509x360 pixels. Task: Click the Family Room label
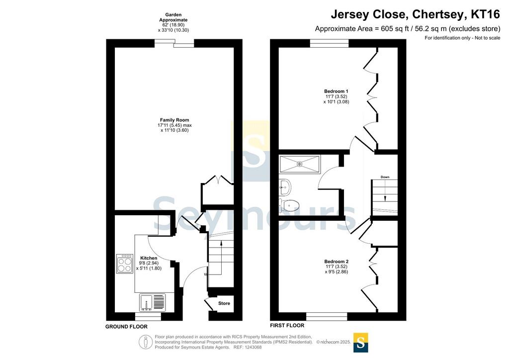pyautogui.click(x=174, y=120)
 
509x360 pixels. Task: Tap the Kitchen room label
pyautogui.click(x=149, y=258)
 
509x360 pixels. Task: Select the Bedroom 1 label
pyautogui.click(x=336, y=91)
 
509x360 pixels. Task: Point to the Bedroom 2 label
pyautogui.click(x=337, y=262)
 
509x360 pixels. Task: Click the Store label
pyautogui.click(x=224, y=303)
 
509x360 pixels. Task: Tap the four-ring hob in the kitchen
pyautogui.click(x=125, y=263)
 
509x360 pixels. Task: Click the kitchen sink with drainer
pyautogui.click(x=152, y=302)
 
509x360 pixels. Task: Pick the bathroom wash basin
pyautogui.click(x=285, y=187)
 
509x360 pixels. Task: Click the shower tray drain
pyautogui.click(x=299, y=164)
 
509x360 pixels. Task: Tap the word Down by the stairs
pyautogui.click(x=385, y=177)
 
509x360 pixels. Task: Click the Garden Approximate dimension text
pyautogui.click(x=173, y=22)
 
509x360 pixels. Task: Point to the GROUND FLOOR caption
pyautogui.click(x=126, y=327)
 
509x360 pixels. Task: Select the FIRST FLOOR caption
pyautogui.click(x=287, y=325)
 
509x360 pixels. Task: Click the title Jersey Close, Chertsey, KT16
pyautogui.click(x=416, y=14)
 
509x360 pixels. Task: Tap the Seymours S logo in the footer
pyautogui.click(x=360, y=343)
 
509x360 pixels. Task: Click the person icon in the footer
pyautogui.click(x=146, y=342)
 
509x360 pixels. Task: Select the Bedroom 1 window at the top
pyautogui.click(x=329, y=43)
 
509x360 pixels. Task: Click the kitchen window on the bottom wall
pyautogui.click(x=148, y=317)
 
